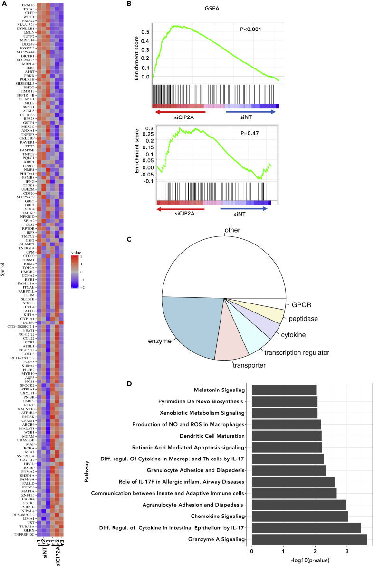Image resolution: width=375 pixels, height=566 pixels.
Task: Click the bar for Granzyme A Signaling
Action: tap(309, 539)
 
